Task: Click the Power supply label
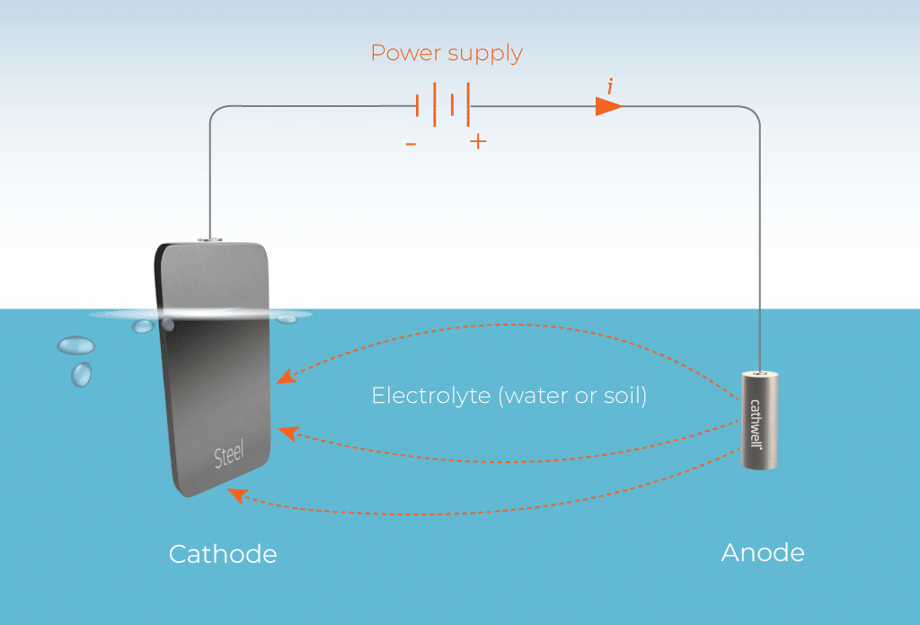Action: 447,53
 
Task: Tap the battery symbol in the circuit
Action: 444,105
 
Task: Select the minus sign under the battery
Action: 411,142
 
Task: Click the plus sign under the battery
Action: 478,141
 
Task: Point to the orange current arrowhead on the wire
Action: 609,106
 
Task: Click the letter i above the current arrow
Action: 610,86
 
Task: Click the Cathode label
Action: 223,553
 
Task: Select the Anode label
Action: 763,551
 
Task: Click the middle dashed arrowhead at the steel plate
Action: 287,433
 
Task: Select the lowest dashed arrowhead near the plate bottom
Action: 234,493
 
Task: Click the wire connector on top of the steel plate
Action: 209,239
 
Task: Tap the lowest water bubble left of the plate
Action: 81,372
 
